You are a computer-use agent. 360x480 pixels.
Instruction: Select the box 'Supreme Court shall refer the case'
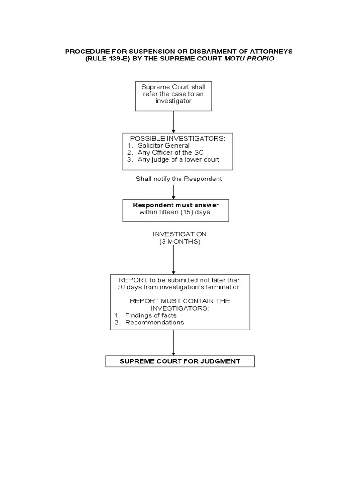173,96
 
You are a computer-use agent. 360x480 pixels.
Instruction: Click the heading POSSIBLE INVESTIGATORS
177,138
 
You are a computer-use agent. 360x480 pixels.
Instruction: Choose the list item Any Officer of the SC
171,152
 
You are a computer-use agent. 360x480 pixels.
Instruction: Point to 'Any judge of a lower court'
178,159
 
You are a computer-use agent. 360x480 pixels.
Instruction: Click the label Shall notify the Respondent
179,179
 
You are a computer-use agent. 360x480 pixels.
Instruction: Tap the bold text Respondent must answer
176,205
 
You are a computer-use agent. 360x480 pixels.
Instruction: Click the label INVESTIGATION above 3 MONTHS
180,234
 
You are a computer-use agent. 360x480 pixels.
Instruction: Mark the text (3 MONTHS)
180,241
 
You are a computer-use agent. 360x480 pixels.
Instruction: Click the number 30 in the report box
121,287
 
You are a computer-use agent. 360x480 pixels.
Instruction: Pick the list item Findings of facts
150,315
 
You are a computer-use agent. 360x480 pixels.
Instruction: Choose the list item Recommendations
154,322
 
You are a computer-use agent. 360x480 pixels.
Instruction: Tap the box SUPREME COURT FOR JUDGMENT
180,361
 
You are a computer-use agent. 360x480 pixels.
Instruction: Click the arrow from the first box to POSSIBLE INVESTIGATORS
174,122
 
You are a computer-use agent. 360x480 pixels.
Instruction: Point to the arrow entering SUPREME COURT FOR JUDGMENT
174,343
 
